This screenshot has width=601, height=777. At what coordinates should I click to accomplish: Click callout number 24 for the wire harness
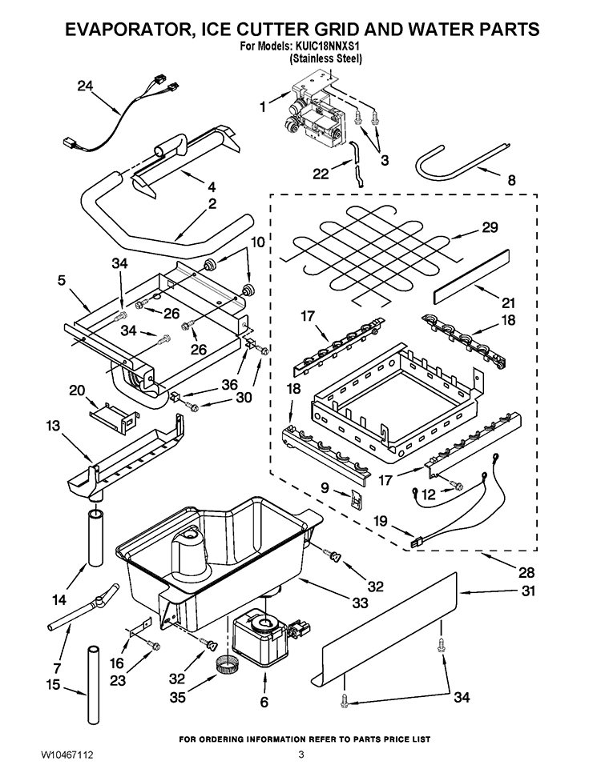(x=86, y=86)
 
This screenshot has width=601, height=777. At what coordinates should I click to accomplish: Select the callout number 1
(x=262, y=105)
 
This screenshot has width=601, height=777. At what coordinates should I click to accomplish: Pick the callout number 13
(x=53, y=427)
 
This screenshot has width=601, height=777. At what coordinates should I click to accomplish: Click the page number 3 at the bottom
(x=301, y=755)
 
